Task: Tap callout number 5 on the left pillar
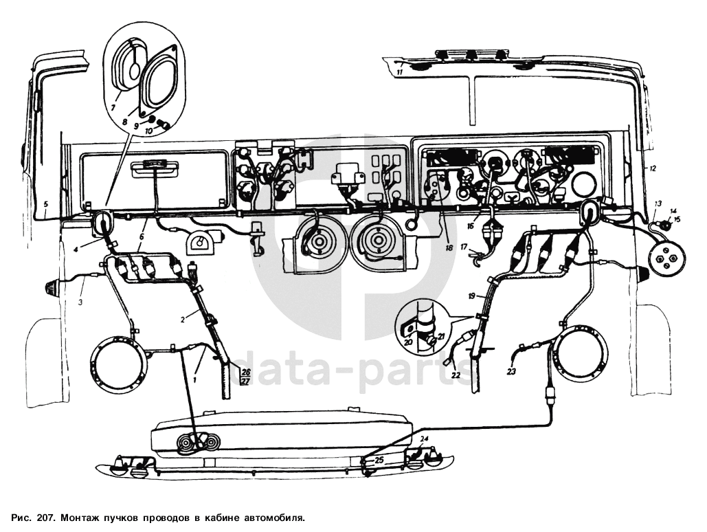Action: [45, 204]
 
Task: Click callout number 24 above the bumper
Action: [424, 439]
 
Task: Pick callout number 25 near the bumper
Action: [379, 461]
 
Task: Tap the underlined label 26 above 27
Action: [246, 370]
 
